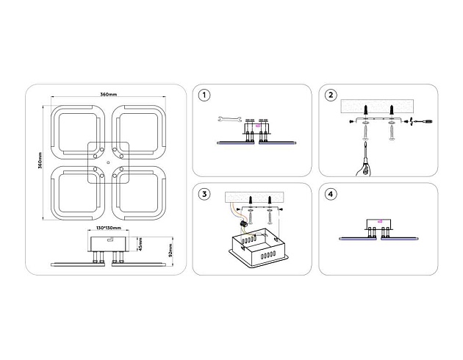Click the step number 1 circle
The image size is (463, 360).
point(204,96)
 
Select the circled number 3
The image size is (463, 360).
point(204,194)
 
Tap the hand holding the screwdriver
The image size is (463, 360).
point(359,168)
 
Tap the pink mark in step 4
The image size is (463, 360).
point(379,222)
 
